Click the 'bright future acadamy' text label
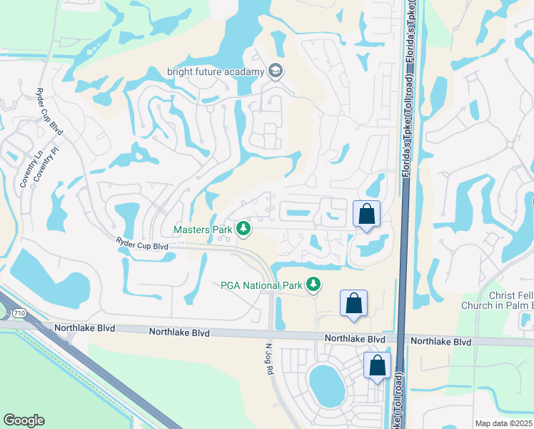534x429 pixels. tap(215, 71)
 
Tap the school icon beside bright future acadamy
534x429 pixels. tap(276, 71)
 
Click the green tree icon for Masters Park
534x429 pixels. tap(244, 229)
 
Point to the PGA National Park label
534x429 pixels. tap(261, 285)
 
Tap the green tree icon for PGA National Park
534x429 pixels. tap(313, 285)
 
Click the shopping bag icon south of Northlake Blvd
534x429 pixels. tap(377, 365)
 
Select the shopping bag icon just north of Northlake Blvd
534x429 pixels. tap(353, 302)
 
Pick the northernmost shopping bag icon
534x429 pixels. tap(366, 213)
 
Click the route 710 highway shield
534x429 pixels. tap(18, 312)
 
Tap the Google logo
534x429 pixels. tap(24, 420)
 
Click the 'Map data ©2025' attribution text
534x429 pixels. tap(503, 423)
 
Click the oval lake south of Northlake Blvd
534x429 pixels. tap(326, 385)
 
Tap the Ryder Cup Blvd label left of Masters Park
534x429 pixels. tap(141, 245)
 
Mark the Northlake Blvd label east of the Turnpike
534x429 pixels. tap(441, 342)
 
